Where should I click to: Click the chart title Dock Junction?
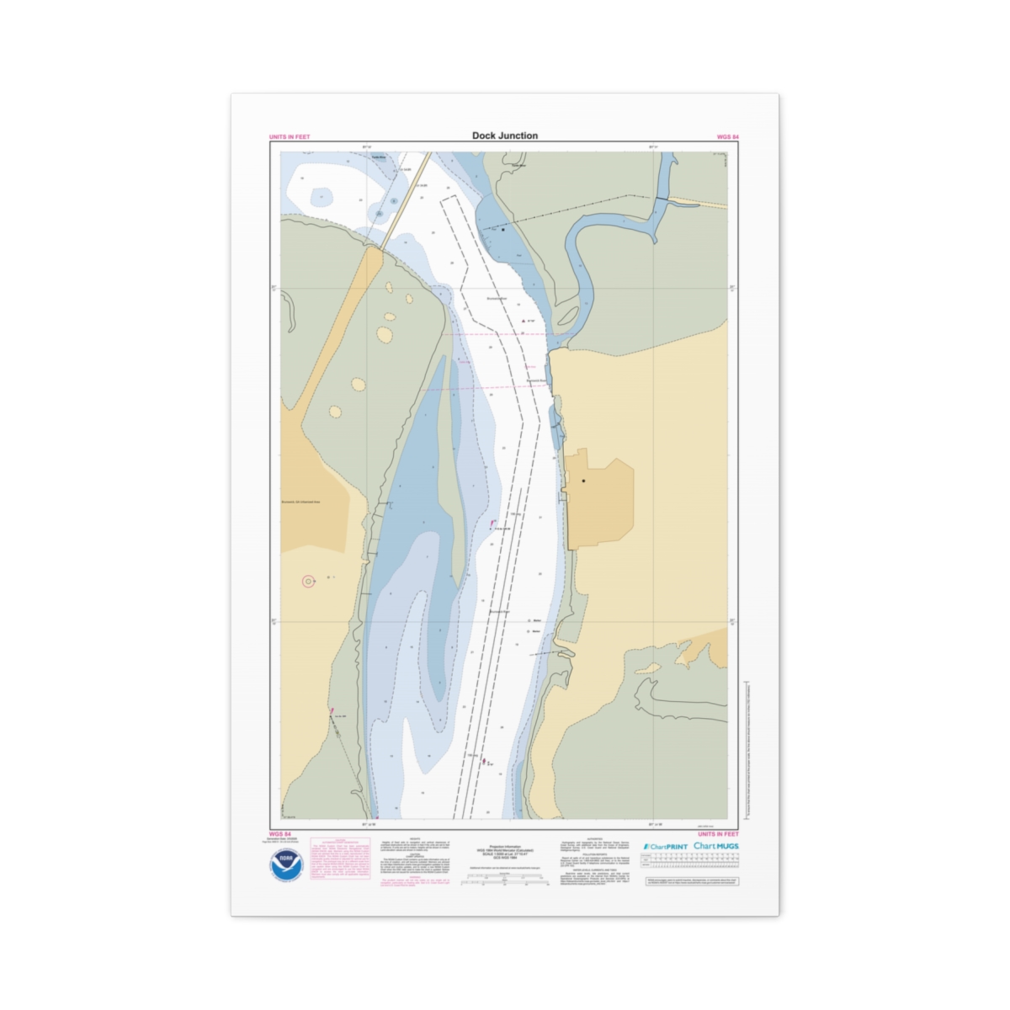tap(505, 136)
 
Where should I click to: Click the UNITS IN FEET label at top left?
tap(290, 136)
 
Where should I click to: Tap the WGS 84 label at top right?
tap(727, 136)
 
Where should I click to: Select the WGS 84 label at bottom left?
tap(280, 834)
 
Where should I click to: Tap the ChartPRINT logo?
tap(665, 847)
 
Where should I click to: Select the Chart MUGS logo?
tap(716, 846)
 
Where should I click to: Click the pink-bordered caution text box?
tap(340, 858)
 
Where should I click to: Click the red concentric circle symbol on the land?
tap(308, 581)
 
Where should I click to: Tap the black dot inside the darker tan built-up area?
tap(583, 481)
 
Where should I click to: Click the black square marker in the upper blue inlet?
tap(503, 229)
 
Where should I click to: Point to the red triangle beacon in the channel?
tap(524, 322)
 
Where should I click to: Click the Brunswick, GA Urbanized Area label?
tap(301, 502)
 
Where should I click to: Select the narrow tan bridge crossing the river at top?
tap(405, 200)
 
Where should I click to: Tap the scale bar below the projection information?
tap(505, 881)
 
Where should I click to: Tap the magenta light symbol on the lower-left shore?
tap(332, 711)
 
